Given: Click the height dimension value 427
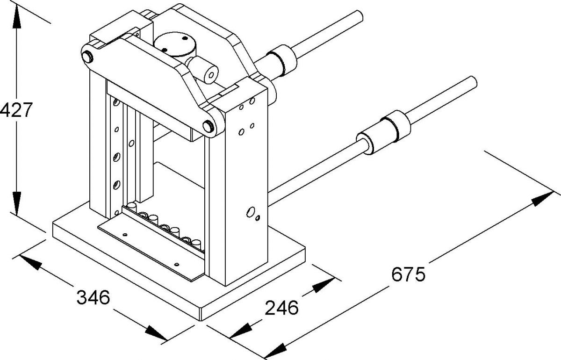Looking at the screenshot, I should [x=16, y=110].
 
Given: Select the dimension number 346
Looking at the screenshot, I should [x=93, y=297].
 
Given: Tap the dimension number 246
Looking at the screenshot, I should [x=282, y=308].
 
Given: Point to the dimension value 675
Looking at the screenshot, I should [x=408, y=274].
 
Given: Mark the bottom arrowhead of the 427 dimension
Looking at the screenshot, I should [x=17, y=206].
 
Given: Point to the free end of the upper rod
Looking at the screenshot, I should [x=358, y=17].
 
